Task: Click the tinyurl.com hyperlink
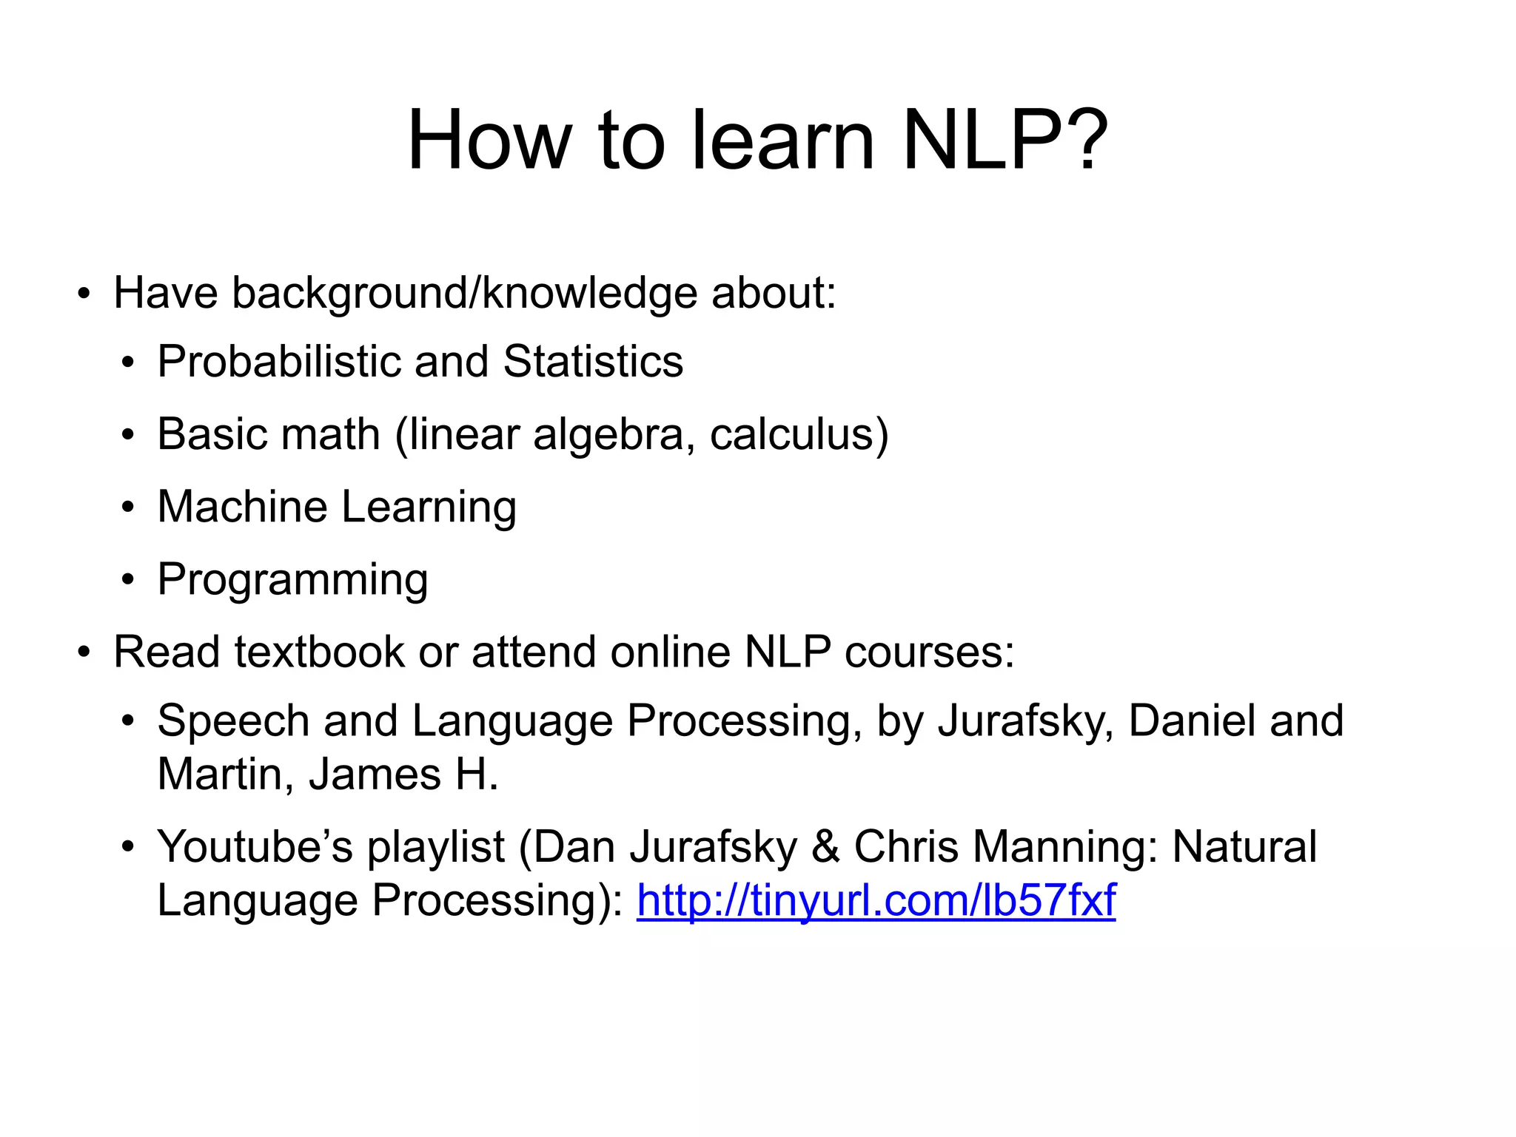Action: pos(876,900)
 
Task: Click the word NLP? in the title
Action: pos(1005,141)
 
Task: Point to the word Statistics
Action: pos(593,362)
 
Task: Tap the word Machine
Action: pos(242,507)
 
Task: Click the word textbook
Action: pos(320,652)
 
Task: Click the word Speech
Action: pos(233,722)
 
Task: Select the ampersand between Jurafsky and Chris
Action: pos(826,847)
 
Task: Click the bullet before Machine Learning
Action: pos(129,507)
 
